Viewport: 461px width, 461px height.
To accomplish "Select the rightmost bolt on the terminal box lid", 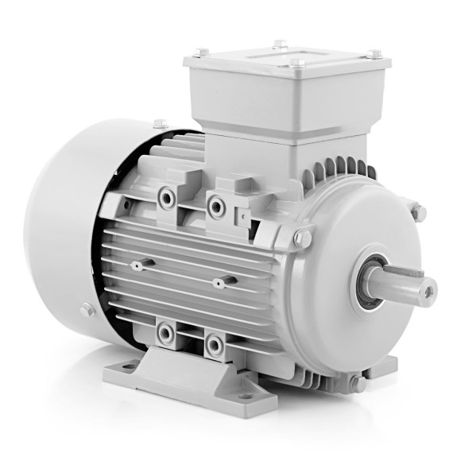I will [x=374, y=54].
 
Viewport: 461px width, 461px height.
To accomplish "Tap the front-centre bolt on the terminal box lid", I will [x=295, y=63].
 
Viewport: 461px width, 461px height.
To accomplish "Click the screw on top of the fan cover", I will [x=160, y=124].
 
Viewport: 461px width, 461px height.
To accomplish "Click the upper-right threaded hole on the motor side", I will [x=215, y=206].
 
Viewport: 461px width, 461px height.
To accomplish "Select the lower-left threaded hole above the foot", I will [x=165, y=332].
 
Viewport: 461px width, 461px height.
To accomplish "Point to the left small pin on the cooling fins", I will [x=138, y=265].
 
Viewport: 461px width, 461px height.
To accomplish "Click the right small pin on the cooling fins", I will [x=223, y=281].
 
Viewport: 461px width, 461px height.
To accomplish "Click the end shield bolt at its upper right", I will [x=417, y=212].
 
